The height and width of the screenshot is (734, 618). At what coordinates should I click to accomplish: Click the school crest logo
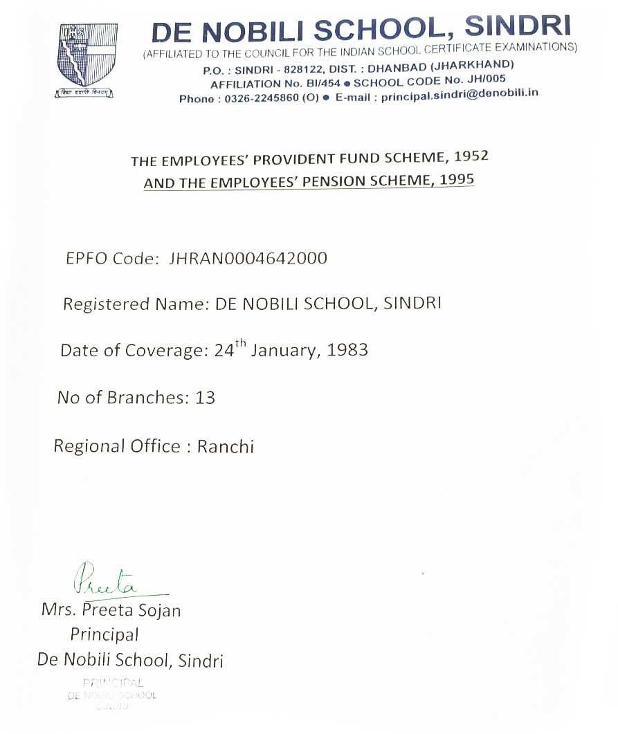pyautogui.click(x=87, y=60)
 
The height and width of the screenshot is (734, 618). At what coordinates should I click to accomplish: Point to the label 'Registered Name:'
pyautogui.click(x=136, y=304)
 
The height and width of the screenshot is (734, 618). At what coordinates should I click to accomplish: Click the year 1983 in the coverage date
pyautogui.click(x=347, y=349)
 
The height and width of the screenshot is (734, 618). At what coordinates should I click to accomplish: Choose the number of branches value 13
pyautogui.click(x=206, y=398)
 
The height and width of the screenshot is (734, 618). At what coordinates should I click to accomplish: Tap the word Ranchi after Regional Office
pyautogui.click(x=226, y=446)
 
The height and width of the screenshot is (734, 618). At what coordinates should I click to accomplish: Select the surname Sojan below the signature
pyautogui.click(x=158, y=610)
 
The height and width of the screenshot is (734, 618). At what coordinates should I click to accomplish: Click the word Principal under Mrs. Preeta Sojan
pyautogui.click(x=104, y=634)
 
